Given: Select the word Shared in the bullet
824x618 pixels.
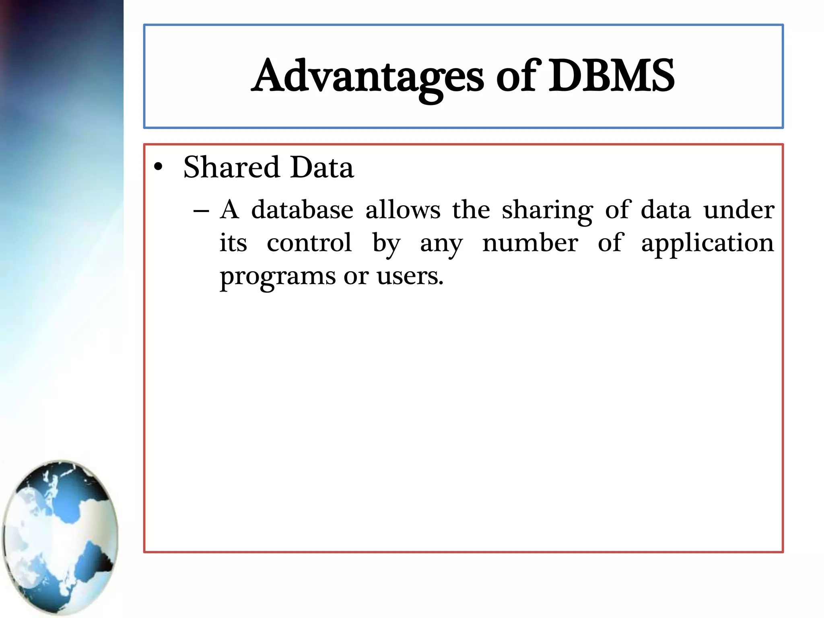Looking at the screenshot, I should (x=231, y=167).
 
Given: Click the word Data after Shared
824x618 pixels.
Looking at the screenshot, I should (x=322, y=167).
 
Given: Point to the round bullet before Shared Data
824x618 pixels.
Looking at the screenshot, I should (x=158, y=167).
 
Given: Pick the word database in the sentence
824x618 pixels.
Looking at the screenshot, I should (x=302, y=210).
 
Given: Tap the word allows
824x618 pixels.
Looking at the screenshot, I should (x=403, y=210).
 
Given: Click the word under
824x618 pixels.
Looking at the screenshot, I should (x=739, y=210).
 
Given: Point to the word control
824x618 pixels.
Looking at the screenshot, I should (x=309, y=243).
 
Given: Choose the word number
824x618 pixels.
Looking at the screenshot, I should (x=530, y=243).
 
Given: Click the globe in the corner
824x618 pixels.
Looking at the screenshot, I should (x=60, y=537).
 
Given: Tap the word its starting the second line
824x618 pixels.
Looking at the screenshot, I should (x=233, y=243).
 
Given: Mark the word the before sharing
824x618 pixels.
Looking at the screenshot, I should (x=471, y=210).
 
